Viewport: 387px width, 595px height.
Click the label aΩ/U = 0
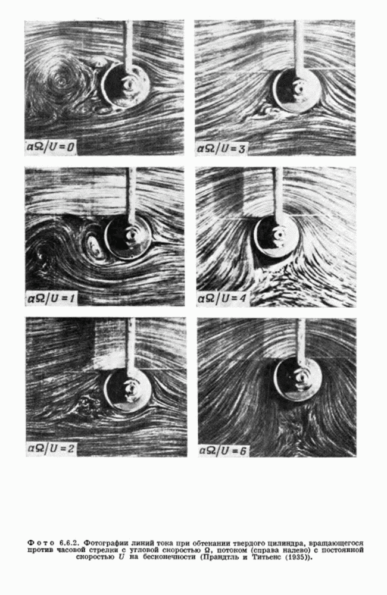pos(50,147)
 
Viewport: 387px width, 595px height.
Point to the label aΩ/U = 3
pos(220,148)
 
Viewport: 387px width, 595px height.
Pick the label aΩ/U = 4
pos(221,299)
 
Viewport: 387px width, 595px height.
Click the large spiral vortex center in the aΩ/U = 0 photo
pos(60,80)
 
